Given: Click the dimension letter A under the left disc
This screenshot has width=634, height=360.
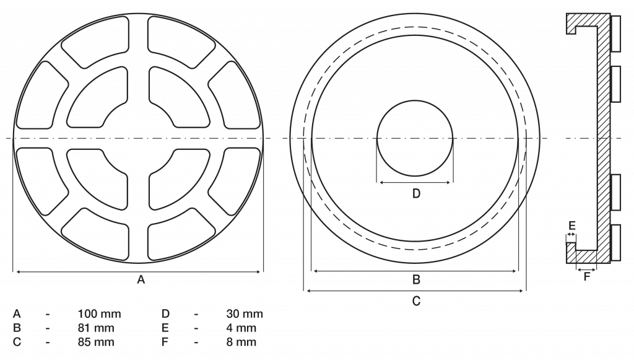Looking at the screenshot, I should [141, 280].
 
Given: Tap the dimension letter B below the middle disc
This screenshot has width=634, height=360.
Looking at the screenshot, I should [416, 279].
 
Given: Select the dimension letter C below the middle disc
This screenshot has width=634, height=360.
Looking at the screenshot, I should [416, 301].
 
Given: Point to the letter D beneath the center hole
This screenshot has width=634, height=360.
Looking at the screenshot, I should [416, 194].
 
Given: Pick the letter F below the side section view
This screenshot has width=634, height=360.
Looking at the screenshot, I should [587, 277].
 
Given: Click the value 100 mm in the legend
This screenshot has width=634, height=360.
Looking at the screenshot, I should [100, 314].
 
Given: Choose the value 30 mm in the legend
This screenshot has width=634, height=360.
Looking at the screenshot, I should [245, 314].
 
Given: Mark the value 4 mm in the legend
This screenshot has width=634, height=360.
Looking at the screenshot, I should [241, 328].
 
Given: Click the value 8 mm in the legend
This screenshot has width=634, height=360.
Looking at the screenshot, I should [241, 341].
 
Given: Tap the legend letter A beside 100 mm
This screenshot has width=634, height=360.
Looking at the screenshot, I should [17, 314].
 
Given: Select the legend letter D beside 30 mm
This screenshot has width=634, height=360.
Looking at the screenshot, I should [165, 314].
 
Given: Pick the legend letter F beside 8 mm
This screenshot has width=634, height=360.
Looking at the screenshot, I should [165, 341].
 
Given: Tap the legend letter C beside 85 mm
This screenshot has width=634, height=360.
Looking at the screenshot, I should [17, 341].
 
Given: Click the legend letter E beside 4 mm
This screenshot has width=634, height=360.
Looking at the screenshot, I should [165, 328].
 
